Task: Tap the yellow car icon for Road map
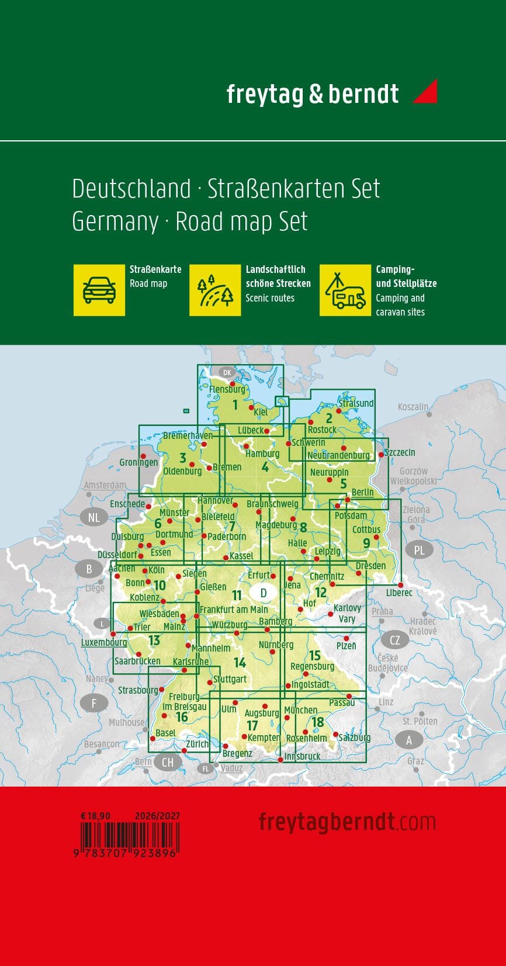pyautogui.click(x=99, y=290)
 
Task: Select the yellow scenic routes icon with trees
pyautogui.click(x=215, y=290)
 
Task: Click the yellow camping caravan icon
pyautogui.click(x=345, y=290)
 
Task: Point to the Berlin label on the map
pyautogui.click(x=362, y=492)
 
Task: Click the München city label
pyautogui.click(x=301, y=710)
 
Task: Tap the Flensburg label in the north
pyautogui.click(x=227, y=389)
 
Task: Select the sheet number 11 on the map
pyautogui.click(x=237, y=595)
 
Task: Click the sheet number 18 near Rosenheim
pyautogui.click(x=318, y=722)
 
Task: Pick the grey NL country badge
pyautogui.click(x=93, y=517)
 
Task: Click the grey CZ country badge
pyautogui.click(x=395, y=640)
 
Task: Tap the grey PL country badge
pyautogui.click(x=419, y=550)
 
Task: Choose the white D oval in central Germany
pyautogui.click(x=264, y=593)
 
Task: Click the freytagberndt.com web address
pyautogui.click(x=347, y=822)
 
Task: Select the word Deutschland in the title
pyautogui.click(x=131, y=189)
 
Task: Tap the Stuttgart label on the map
pyautogui.click(x=230, y=679)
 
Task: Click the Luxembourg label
pyautogui.click(x=104, y=642)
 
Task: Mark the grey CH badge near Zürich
pyautogui.click(x=168, y=762)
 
